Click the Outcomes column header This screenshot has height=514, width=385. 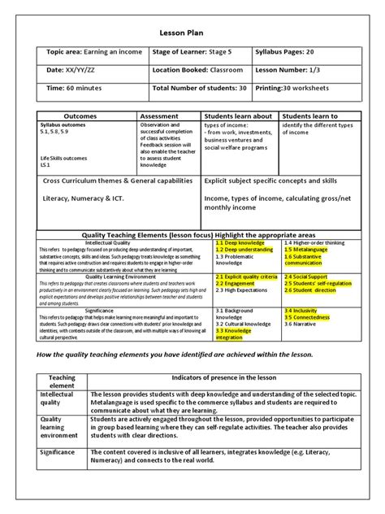tap(86, 116)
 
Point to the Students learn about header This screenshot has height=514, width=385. tap(240, 116)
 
